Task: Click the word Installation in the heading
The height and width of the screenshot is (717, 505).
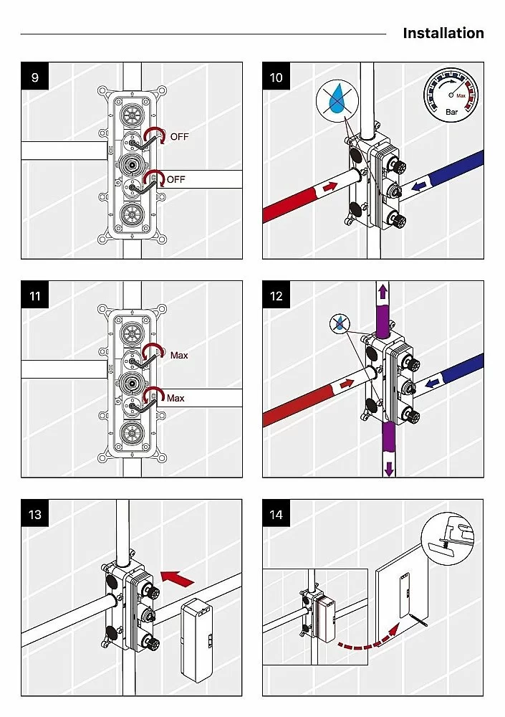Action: click(443, 34)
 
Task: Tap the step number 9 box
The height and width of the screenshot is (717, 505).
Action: click(34, 77)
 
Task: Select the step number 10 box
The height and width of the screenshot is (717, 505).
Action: click(276, 77)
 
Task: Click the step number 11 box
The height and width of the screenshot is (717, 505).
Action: click(34, 295)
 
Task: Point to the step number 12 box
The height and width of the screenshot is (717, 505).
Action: click(276, 295)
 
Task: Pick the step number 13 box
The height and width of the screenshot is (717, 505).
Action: click(34, 514)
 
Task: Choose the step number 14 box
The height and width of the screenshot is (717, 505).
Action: click(276, 514)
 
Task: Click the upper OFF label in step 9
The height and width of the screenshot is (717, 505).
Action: click(179, 137)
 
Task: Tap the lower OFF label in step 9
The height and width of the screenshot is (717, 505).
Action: click(175, 179)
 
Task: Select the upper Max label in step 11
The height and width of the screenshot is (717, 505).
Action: click(179, 356)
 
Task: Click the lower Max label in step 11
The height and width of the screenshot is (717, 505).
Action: click(175, 398)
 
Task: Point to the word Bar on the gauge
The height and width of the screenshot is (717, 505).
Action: click(451, 112)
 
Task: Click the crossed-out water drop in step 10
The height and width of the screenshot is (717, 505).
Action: click(337, 100)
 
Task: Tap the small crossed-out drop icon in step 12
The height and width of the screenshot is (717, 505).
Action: click(339, 324)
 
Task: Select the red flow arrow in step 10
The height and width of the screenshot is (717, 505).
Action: click(330, 186)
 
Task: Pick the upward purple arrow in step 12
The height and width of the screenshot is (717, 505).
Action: click(383, 291)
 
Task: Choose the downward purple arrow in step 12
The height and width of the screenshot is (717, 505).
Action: click(389, 468)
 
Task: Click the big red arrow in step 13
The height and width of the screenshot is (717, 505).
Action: click(178, 579)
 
